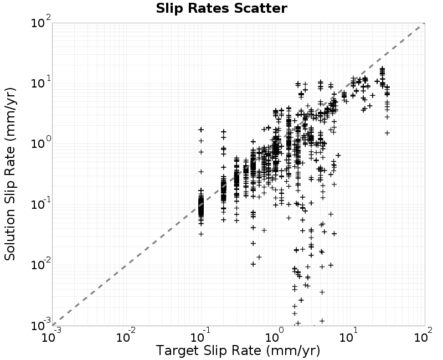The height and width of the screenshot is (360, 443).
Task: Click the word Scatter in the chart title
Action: click(260, 8)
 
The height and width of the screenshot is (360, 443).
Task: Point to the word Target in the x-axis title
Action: click(177, 351)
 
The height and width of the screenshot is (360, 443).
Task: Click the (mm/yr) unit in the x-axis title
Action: click(293, 351)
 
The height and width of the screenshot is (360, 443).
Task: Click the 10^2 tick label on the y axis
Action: click(40, 22)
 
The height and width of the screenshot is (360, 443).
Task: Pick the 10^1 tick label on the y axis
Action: click(40, 82)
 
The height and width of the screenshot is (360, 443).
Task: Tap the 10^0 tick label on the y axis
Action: click(40, 143)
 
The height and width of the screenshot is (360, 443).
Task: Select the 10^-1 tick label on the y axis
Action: click(40, 203)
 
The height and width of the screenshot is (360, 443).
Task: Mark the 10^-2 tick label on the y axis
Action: click(40, 264)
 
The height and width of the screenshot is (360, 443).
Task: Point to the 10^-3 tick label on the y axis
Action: click(40, 325)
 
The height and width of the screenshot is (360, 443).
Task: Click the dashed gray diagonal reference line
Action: click(239, 174)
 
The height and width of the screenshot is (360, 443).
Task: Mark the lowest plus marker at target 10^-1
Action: click(201, 234)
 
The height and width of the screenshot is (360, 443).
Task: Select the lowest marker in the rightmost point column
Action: click(387, 133)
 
